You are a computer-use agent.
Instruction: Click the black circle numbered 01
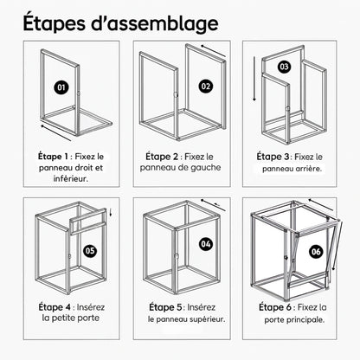(x=61, y=87)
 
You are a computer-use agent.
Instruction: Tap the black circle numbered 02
(x=206, y=87)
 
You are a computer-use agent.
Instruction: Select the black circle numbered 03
(x=284, y=67)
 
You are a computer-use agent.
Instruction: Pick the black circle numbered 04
(x=206, y=244)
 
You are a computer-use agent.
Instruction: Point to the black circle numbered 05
(x=90, y=250)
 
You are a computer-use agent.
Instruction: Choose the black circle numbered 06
(x=316, y=252)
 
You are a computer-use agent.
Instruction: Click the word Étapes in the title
(x=55, y=22)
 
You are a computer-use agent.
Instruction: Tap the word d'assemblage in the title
(x=155, y=23)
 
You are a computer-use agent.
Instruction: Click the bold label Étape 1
(x=53, y=157)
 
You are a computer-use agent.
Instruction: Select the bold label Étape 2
(x=162, y=157)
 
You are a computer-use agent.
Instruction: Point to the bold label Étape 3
(x=273, y=157)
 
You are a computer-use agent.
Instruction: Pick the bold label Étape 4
(x=55, y=307)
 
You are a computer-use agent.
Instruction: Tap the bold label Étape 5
(x=165, y=307)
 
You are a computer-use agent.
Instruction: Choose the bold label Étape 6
(x=275, y=307)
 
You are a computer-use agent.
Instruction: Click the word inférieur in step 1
(x=71, y=178)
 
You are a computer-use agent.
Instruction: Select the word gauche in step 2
(x=206, y=168)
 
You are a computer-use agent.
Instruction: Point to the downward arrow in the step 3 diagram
(x=254, y=79)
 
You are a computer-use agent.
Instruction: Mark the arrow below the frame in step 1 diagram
(x=55, y=133)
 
